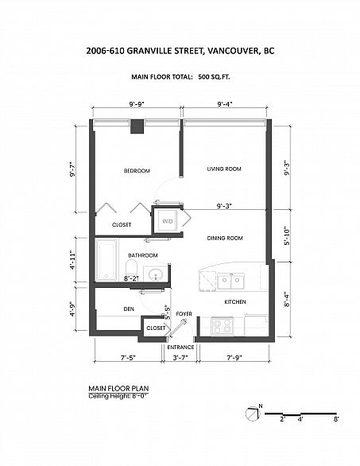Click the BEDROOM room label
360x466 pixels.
tap(137, 171)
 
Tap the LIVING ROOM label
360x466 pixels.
tap(224, 169)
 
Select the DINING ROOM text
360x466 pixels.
tap(224, 238)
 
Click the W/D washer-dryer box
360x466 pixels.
tap(168, 221)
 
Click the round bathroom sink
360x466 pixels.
tap(157, 275)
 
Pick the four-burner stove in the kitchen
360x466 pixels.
tap(220, 325)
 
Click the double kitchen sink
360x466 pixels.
tap(231, 280)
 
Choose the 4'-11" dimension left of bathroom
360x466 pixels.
tap(72, 261)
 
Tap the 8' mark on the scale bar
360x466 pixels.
tap(336, 417)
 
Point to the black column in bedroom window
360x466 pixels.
tap(137, 126)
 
